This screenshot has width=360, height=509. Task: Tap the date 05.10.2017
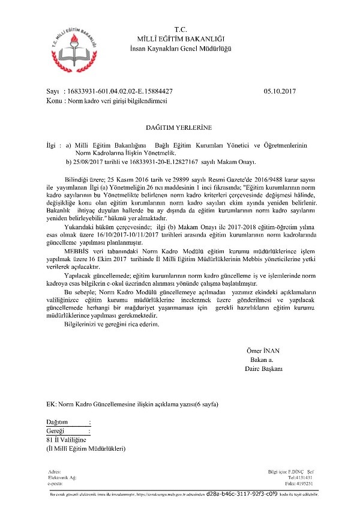click(x=280, y=92)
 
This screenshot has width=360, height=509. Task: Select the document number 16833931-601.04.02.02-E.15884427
click(x=121, y=92)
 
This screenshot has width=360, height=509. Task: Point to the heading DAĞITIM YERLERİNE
click(x=179, y=128)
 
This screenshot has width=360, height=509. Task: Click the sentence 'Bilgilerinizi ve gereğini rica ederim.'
click(x=111, y=324)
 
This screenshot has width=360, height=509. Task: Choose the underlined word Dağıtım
click(x=58, y=422)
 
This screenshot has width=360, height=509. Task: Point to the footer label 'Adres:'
click(x=54, y=472)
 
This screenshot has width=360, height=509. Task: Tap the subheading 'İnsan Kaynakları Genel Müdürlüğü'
click(x=181, y=47)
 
